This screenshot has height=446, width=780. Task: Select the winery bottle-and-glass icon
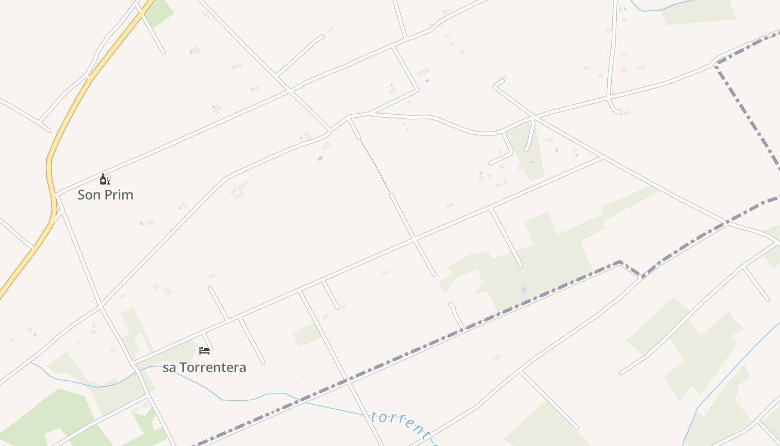[105, 179]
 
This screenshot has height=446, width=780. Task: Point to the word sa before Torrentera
[169, 368]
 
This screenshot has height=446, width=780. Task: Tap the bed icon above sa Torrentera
[204, 350]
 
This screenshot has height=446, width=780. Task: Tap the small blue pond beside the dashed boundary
[523, 290]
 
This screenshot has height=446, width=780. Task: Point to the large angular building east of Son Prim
[240, 190]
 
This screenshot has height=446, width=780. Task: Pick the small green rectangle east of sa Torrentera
[306, 334]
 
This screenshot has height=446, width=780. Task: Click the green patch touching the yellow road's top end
[158, 12]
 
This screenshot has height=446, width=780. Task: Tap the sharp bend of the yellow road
[49, 162]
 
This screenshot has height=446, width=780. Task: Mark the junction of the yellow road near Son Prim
[56, 195]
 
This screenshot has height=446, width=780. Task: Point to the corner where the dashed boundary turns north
[716, 64]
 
